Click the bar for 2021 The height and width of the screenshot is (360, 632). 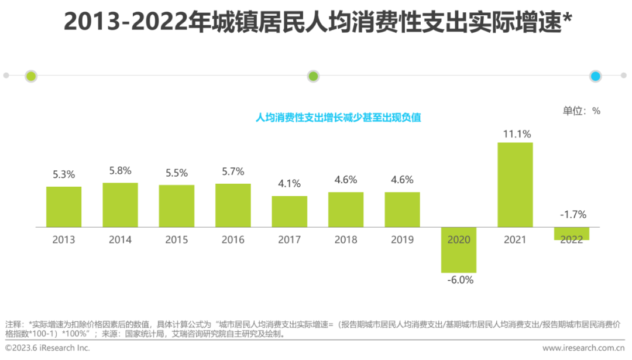coord(515,184)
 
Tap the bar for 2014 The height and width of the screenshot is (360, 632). coord(120,205)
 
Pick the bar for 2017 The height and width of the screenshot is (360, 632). coord(289,211)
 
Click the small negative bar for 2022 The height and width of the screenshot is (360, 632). coord(571,234)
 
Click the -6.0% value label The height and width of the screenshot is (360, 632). coord(459,280)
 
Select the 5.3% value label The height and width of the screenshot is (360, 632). coord(64,174)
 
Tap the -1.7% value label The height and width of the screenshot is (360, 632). coord(572,215)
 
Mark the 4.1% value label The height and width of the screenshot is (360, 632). coord(289,184)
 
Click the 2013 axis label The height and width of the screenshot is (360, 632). coord(64,239)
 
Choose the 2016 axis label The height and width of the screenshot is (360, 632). coord(233,239)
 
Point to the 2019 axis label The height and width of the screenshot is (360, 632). coord(402,239)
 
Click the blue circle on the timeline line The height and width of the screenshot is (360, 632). coord(596,76)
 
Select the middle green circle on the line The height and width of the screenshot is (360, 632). coord(313,76)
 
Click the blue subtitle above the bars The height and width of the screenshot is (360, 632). coord(339,117)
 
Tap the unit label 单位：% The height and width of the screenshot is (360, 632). coord(581,111)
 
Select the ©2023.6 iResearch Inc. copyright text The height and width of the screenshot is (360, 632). coord(48,348)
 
